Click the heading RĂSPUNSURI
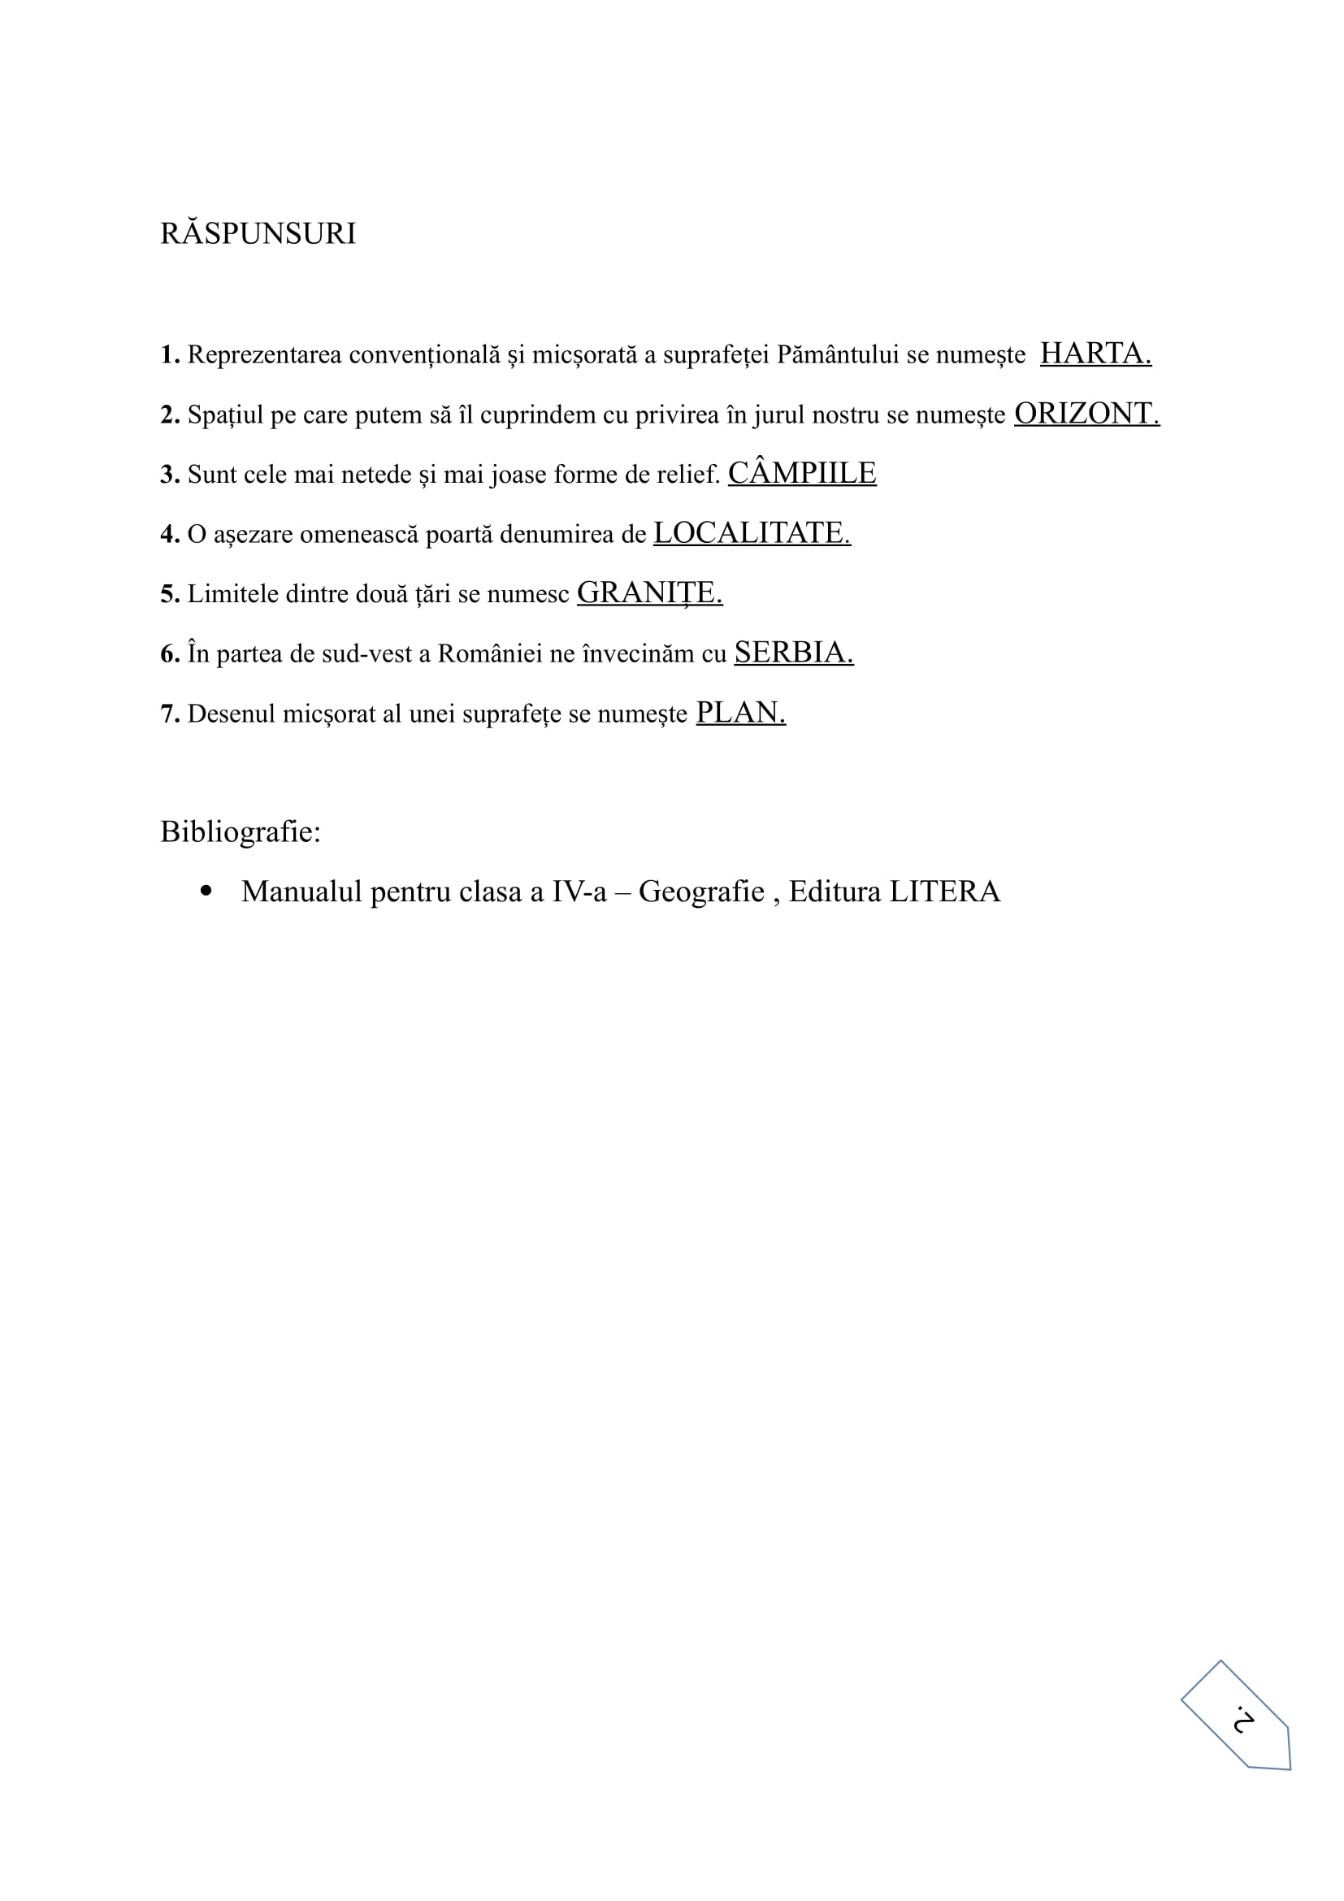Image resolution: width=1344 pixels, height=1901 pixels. tap(258, 234)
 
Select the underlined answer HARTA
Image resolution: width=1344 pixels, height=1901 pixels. tap(1095, 354)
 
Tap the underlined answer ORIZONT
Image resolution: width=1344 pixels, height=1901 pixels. tap(1086, 414)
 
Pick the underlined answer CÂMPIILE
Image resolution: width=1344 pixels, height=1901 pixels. tap(802, 474)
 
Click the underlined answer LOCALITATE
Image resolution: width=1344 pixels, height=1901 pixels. tap(752, 533)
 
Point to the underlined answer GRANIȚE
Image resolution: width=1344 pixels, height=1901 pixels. tap(650, 593)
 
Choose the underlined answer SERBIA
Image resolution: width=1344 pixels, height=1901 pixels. tap(794, 653)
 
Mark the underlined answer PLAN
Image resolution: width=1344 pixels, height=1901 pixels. tap(741, 713)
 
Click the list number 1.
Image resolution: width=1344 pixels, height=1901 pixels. tap(169, 355)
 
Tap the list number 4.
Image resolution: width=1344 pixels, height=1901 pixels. tap(169, 535)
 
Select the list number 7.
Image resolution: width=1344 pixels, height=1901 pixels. tap(169, 714)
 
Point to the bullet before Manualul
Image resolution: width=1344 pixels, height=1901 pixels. tap(206, 892)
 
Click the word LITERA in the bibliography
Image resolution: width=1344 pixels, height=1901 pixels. tap(944, 892)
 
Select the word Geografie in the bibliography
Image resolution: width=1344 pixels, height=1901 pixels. tap(701, 892)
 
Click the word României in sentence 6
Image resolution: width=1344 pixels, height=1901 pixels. tap(489, 654)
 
